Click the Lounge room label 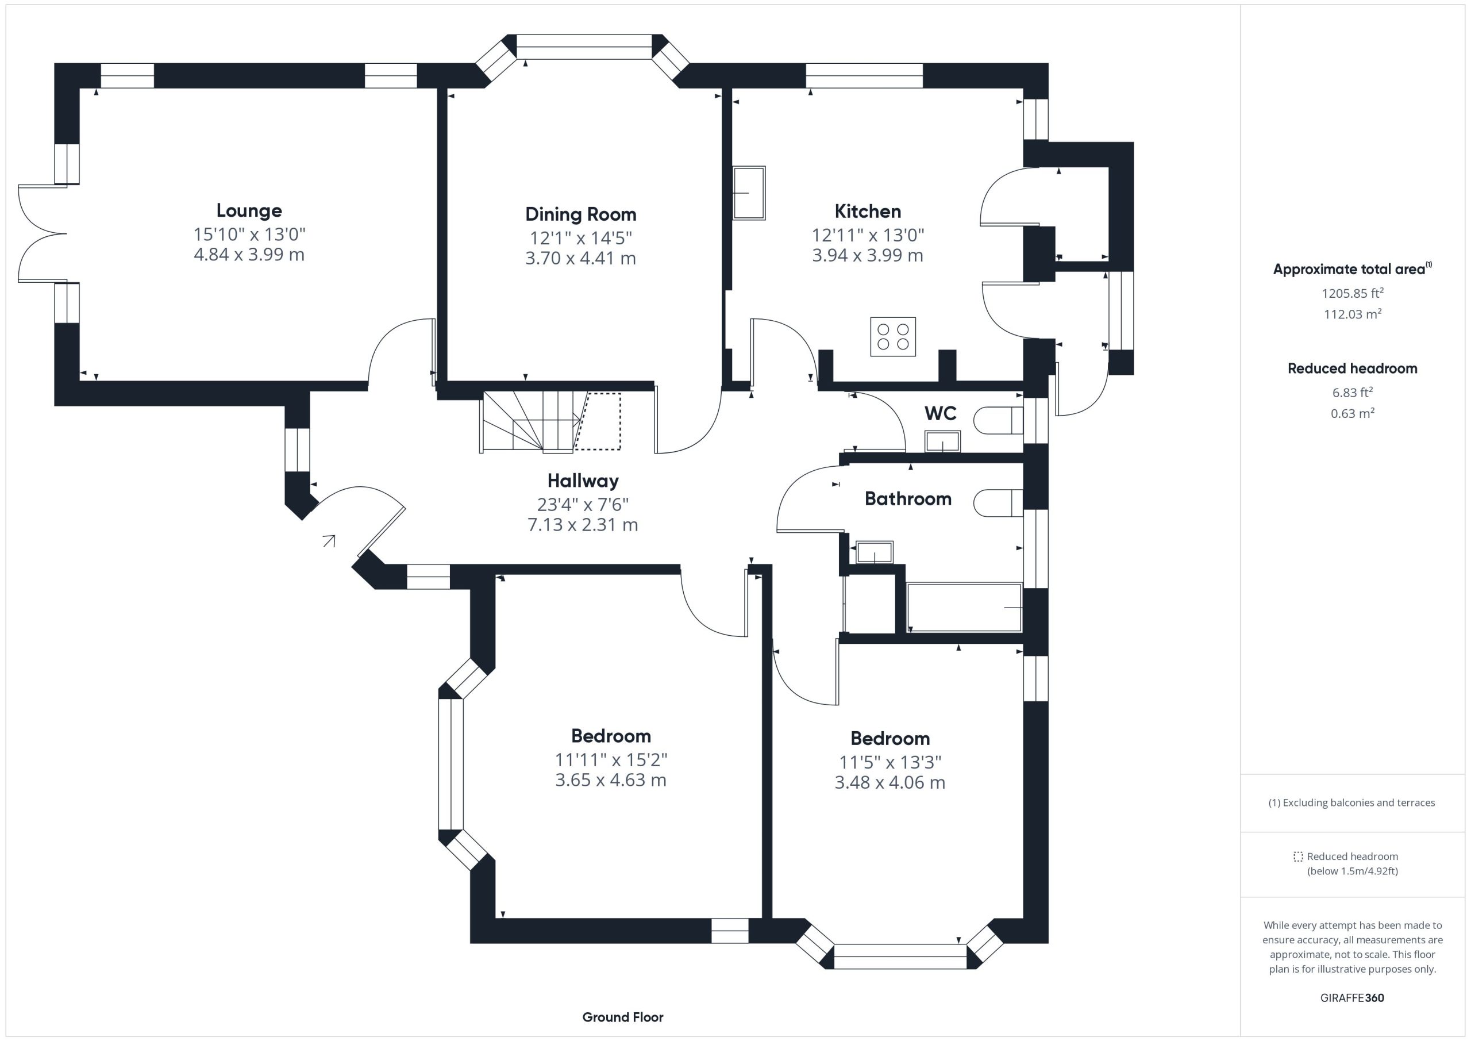pos(249,210)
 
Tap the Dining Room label pos(580,214)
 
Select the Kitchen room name pos(868,211)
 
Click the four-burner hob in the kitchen pos(892,336)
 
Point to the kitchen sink pos(749,193)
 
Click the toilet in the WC pos(998,421)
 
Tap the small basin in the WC pos(942,441)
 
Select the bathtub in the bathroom pos(964,607)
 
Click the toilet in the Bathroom pos(998,503)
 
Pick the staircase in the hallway pos(551,422)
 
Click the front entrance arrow pos(329,541)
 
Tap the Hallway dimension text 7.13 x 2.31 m pos(583,525)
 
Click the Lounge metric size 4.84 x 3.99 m pos(249,255)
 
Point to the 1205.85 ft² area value pos(1353,293)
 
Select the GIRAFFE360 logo pos(1352,998)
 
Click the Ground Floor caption pos(623,1017)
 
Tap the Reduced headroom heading pos(1353,368)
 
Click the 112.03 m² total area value pos(1353,313)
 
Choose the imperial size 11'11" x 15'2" pos(611,759)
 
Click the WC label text pos(941,413)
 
